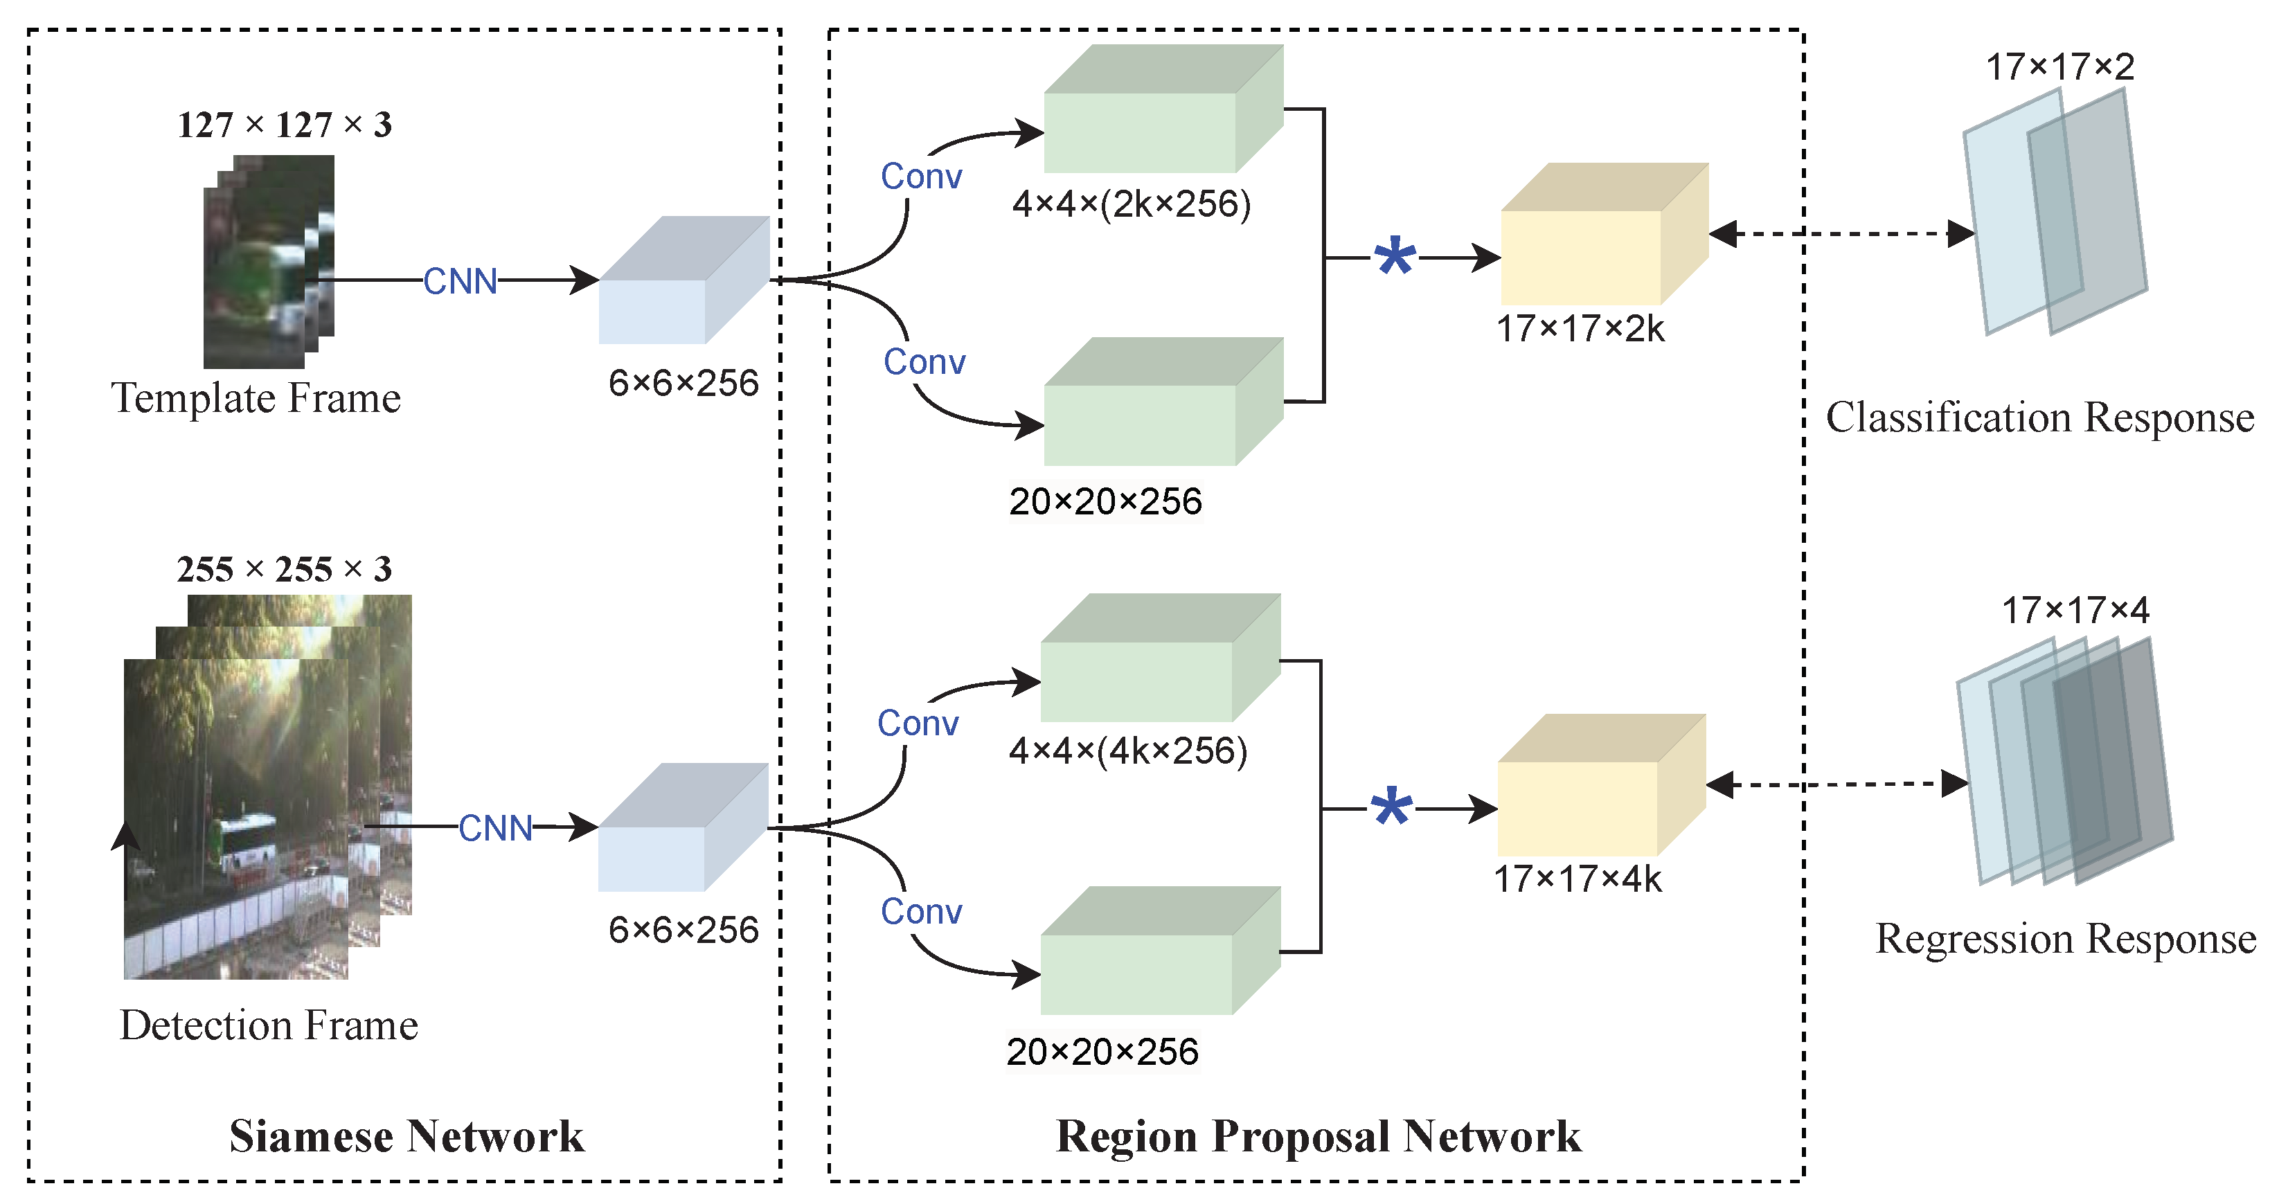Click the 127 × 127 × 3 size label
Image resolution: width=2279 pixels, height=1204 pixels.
[x=284, y=125]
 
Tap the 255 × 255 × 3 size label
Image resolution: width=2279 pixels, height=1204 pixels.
[x=284, y=569]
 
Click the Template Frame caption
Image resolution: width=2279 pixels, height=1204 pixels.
[x=256, y=398]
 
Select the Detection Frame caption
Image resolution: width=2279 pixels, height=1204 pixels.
[x=268, y=1025]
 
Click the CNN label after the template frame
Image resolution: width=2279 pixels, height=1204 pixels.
[x=460, y=281]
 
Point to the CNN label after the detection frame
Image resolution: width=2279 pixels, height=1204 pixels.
[x=494, y=828]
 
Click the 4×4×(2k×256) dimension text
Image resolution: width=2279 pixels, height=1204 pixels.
[x=1131, y=204]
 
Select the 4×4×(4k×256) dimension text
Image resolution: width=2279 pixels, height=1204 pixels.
[x=1127, y=751]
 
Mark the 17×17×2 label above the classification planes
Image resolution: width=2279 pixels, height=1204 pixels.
[x=2059, y=67]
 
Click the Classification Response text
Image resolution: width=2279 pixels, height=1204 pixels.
[x=2039, y=417]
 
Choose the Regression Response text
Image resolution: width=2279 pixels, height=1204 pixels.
[x=2065, y=939]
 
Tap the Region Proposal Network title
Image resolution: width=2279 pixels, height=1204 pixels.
[x=1319, y=1136]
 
